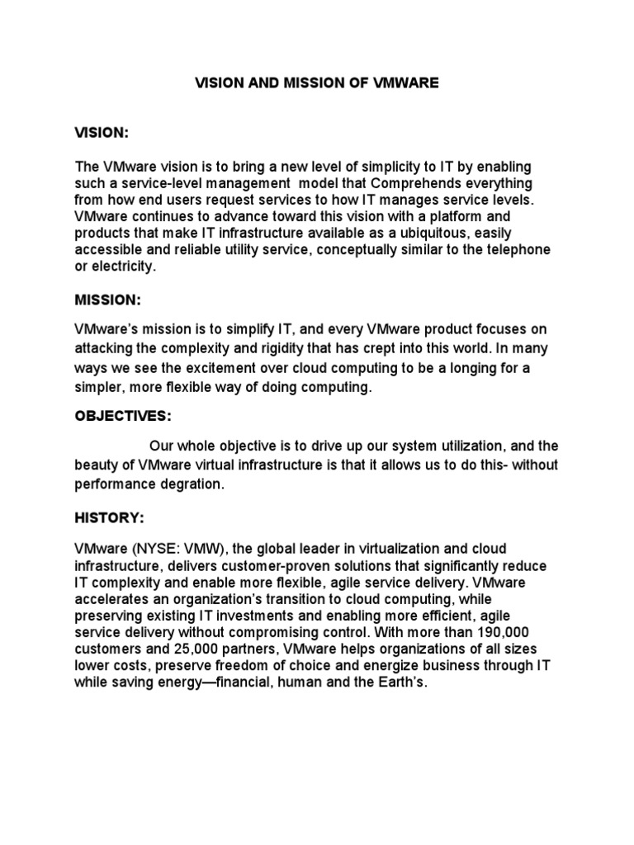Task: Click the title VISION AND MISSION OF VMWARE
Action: [317, 83]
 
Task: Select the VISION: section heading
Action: [102, 133]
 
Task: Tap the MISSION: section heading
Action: [107, 299]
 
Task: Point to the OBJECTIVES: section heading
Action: [122, 416]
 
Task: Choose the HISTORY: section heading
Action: [109, 517]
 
